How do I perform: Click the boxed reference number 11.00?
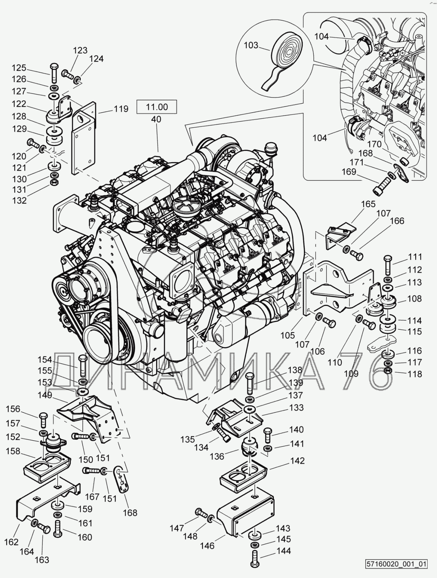[x=157, y=107]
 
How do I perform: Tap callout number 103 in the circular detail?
[x=251, y=45]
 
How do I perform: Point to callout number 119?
[x=121, y=109]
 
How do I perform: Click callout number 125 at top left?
[x=19, y=68]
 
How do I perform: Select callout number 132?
[x=19, y=200]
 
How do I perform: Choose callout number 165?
[x=368, y=204]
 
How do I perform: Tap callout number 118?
[x=415, y=374]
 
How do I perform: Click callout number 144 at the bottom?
[x=284, y=551]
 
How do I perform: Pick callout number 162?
[x=12, y=542]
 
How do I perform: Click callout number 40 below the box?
[x=157, y=119]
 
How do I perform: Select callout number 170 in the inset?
[x=374, y=144]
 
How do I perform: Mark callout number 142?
[x=297, y=461]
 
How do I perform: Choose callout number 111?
[x=415, y=257]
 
